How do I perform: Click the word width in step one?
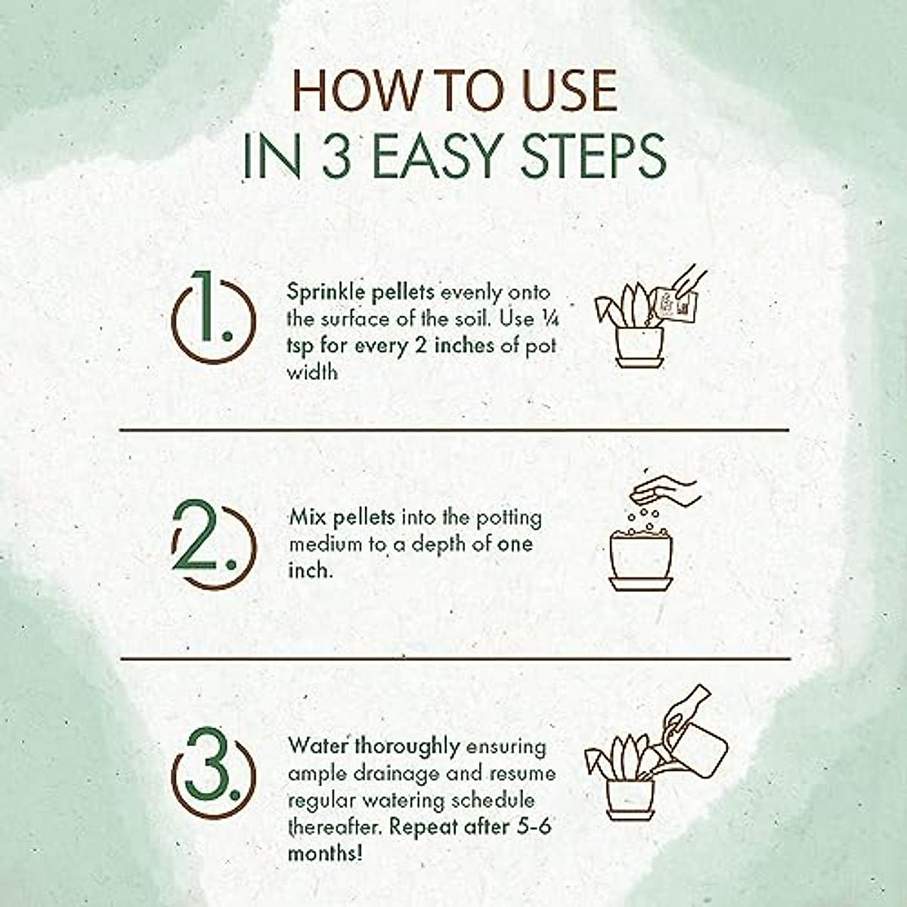tap(312, 373)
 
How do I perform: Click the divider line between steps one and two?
tap(454, 430)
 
